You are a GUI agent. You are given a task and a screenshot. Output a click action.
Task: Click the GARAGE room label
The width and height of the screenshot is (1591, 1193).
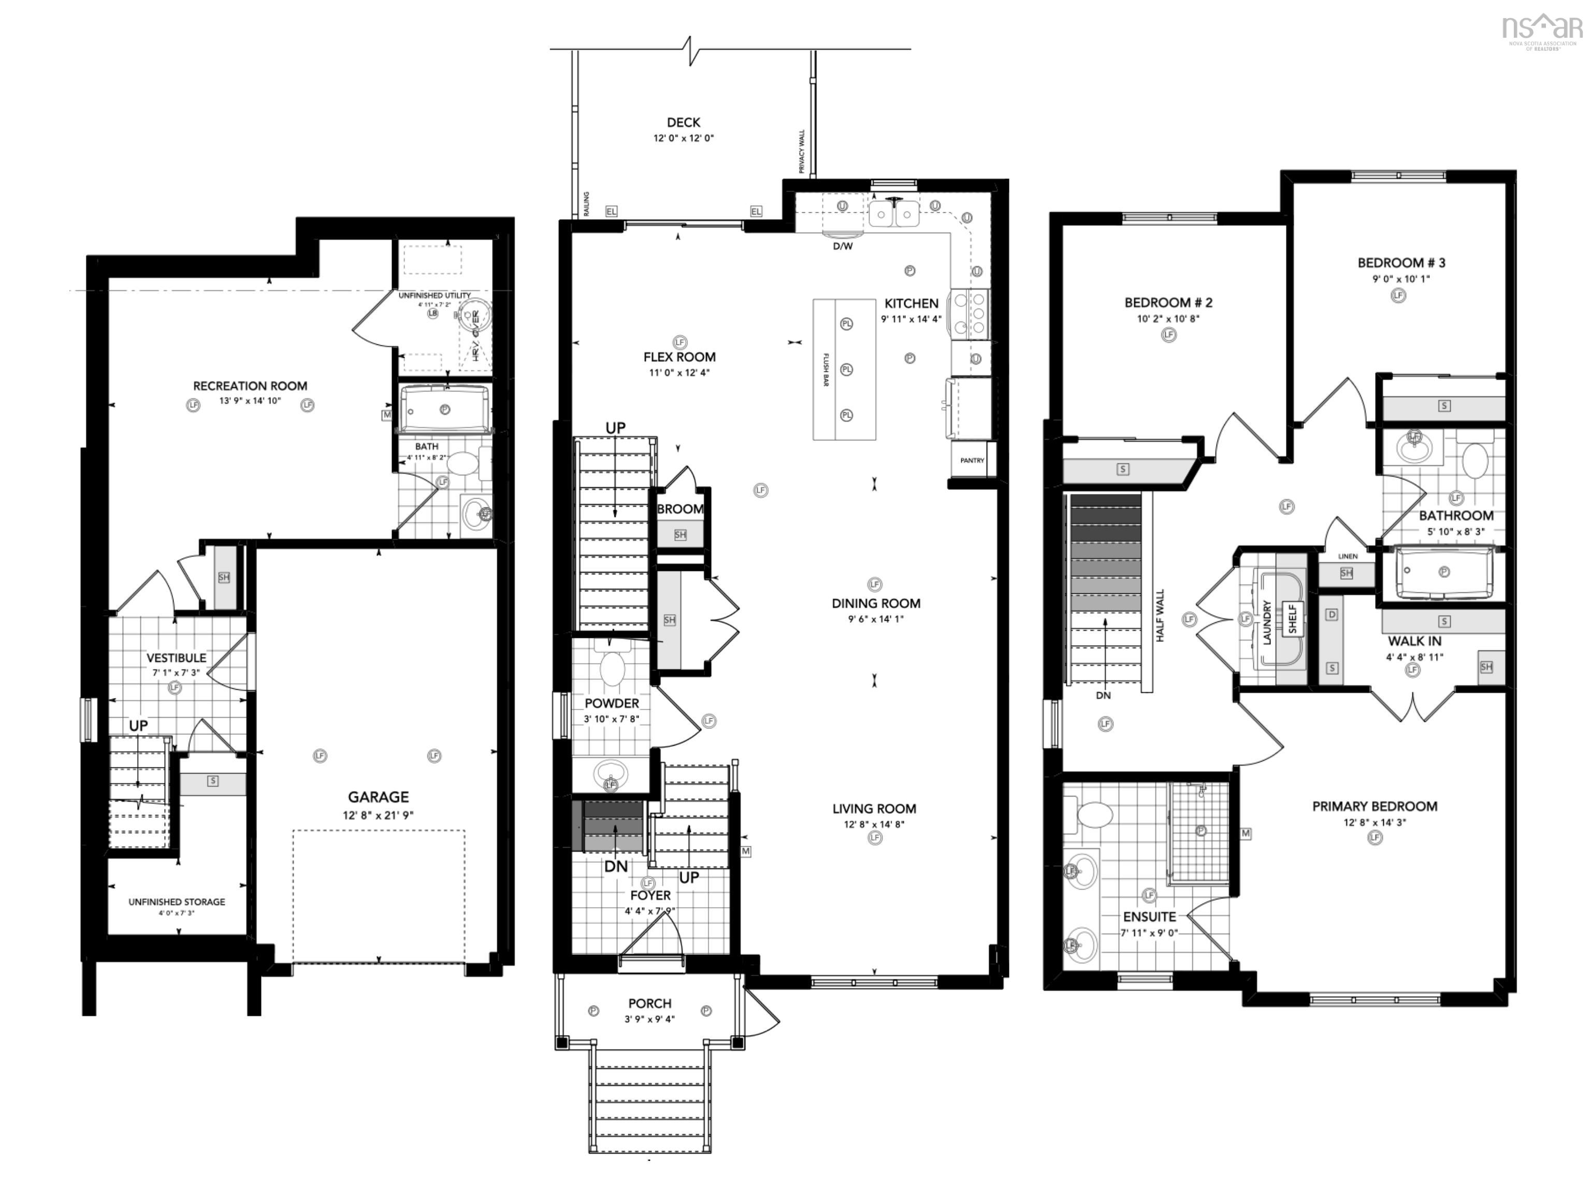tap(379, 797)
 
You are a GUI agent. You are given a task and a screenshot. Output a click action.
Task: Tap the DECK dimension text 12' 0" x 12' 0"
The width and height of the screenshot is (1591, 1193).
tap(683, 138)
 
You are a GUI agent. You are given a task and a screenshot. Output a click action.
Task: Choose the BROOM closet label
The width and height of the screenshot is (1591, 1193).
tap(679, 509)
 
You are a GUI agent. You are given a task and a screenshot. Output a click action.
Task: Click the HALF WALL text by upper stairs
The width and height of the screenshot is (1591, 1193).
tap(1160, 616)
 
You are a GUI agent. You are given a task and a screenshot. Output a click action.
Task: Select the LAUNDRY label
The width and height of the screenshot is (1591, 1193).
tap(1267, 622)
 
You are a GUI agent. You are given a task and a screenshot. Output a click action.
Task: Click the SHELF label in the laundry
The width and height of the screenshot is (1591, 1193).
tap(1293, 618)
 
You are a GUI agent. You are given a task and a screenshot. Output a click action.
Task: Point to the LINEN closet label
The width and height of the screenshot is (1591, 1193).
tap(1348, 557)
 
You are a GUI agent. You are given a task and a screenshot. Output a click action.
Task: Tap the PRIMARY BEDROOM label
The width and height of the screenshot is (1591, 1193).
tap(1375, 806)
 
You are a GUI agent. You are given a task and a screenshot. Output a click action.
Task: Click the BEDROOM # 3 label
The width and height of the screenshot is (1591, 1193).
tap(1401, 263)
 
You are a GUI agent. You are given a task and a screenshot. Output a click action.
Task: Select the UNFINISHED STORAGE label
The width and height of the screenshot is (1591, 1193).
tap(177, 902)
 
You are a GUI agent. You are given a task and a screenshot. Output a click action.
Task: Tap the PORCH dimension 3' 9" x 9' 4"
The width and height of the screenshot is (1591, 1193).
tap(649, 1019)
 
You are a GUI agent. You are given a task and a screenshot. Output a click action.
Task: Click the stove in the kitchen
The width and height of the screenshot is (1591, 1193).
tap(971, 313)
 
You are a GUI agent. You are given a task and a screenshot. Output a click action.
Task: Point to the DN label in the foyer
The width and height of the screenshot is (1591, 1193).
tap(616, 866)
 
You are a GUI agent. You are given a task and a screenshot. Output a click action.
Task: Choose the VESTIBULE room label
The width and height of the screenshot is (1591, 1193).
tap(176, 658)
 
